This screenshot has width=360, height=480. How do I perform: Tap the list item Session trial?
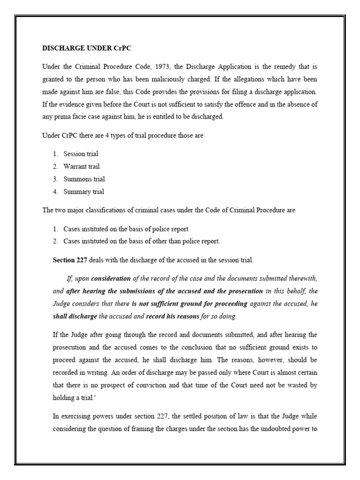pos(81,154)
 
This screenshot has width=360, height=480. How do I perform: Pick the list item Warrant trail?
pos(82,166)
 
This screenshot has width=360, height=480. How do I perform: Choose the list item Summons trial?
pos(84,179)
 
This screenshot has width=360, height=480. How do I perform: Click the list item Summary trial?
pos(84,192)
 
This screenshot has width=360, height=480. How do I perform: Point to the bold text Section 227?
pos(70,260)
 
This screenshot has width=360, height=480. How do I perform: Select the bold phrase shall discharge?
pos(75,316)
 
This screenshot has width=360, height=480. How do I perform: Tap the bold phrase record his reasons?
pos(173,316)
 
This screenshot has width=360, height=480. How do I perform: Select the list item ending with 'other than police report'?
pos(142,241)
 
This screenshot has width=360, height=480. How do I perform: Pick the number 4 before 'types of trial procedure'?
pos(101,135)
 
